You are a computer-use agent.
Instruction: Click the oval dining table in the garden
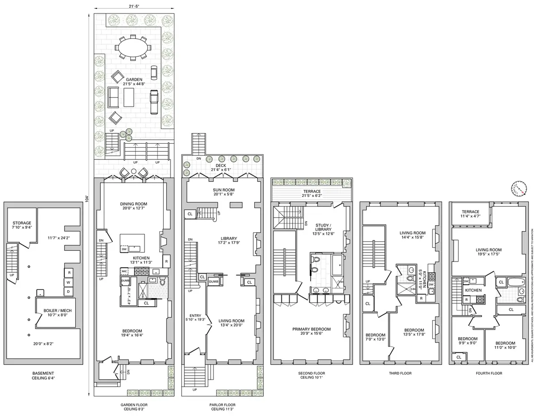pyautogui.click(x=133, y=46)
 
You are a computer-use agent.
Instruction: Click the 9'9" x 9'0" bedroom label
pyautogui.click(x=467, y=341)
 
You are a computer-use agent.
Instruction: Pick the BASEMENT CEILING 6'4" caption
pyautogui.click(x=43, y=376)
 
